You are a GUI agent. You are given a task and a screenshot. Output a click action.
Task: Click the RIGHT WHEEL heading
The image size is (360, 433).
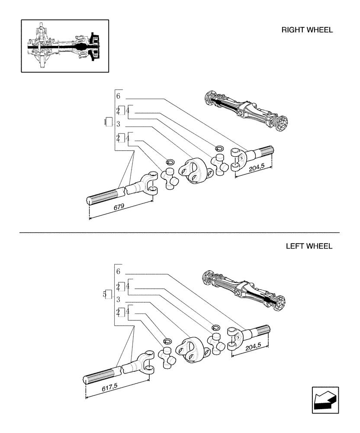point(307,30)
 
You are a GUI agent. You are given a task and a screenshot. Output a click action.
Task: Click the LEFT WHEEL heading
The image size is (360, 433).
point(309,246)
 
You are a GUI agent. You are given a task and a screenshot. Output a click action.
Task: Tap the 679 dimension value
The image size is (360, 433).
point(119,207)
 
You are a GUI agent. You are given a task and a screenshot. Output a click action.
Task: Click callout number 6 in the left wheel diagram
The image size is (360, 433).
point(118,271)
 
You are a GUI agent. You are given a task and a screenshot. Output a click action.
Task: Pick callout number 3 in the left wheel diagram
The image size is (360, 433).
point(118,299)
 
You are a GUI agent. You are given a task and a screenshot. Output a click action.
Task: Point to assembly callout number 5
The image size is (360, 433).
point(105,294)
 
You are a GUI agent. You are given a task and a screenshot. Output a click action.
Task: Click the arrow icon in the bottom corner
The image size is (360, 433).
point(325,399)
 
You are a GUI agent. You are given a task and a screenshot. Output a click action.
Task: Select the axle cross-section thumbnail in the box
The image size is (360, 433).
point(65,45)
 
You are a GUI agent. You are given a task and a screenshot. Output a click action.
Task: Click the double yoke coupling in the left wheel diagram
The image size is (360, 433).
point(191,349)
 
